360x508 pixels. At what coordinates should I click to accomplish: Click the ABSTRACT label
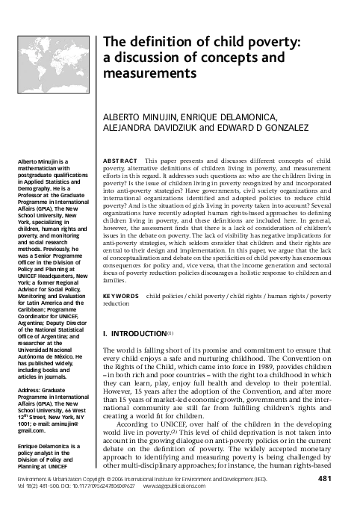118,161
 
